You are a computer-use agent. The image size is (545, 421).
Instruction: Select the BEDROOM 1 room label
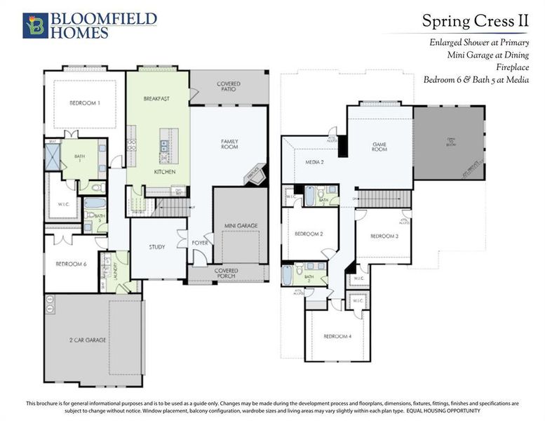pyautogui.click(x=85, y=103)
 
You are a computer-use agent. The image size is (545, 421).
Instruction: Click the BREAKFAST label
pyautogui.click(x=156, y=99)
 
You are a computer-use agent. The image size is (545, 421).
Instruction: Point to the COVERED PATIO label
pyautogui.click(x=228, y=87)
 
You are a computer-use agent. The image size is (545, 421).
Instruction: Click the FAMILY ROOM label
pyautogui.click(x=229, y=144)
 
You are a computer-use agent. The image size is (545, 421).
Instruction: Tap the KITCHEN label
pyautogui.click(x=165, y=172)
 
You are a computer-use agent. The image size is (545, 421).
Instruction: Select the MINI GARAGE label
pyautogui.click(x=241, y=225)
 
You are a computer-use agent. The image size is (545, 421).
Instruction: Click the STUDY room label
pyautogui.click(x=157, y=247)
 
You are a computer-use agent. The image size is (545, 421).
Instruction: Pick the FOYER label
pyautogui.click(x=200, y=243)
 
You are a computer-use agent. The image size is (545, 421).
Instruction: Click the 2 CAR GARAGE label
pyautogui.click(x=88, y=340)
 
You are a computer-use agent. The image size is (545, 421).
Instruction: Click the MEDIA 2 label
pyautogui.click(x=314, y=162)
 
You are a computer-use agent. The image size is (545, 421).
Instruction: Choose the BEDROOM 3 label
pyautogui.click(x=384, y=236)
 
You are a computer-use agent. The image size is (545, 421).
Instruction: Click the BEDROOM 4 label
pyautogui.click(x=337, y=336)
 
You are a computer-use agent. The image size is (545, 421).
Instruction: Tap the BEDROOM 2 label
pyautogui.click(x=309, y=234)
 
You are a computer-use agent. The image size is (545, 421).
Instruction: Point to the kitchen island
pyautogui.click(x=166, y=145)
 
